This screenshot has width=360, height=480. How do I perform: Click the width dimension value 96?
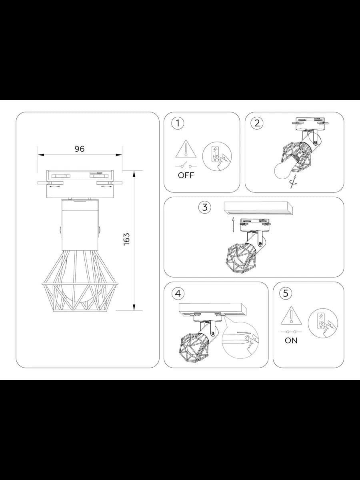coord(80,149)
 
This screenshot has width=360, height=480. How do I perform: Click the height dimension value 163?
coord(126,239)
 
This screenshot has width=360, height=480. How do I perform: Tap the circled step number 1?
coord(178,123)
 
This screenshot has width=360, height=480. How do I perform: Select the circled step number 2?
coord(257,123)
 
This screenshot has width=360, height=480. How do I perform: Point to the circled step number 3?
coord(205,207)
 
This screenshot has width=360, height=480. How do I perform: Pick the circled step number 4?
coord(178,294)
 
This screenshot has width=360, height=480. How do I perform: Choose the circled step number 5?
coord(286,293)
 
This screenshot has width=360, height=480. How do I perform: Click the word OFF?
coord(186,175)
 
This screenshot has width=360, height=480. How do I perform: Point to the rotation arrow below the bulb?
coord(294,182)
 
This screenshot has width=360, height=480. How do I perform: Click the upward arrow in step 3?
coord(233,224)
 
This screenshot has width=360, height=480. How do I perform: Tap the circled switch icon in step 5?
coord(323,323)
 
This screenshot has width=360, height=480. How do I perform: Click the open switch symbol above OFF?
coord(186,165)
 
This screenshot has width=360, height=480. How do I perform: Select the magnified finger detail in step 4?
coord(240,340)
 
